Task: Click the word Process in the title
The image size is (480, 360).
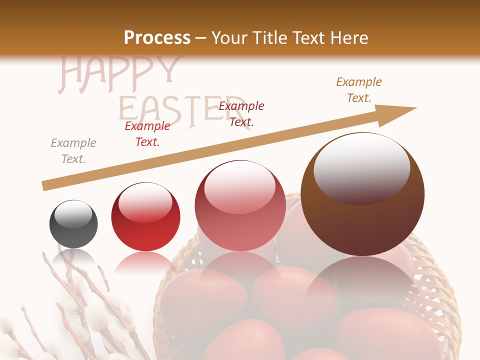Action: point(157,38)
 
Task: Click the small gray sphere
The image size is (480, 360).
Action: point(73,224)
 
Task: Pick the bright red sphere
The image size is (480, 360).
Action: point(145,217)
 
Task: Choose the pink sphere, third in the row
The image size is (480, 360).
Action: point(240,205)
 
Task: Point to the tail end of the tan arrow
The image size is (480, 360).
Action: point(45,185)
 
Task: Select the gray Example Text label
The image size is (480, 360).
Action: point(73,151)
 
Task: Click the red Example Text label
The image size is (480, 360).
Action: point(147,134)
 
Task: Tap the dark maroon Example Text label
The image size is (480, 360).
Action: point(241,114)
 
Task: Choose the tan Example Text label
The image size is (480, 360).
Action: point(359,90)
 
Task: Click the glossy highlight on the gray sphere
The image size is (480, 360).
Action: point(73,214)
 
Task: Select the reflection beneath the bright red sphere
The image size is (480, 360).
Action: point(145,262)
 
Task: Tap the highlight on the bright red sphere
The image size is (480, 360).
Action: point(145,201)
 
